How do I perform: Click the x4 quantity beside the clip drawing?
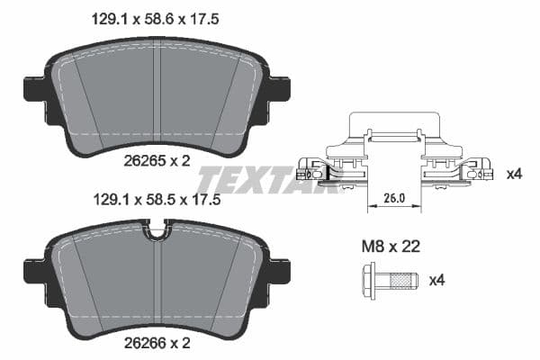pyautogui.click(x=514, y=173)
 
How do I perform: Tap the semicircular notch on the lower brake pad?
pyautogui.click(x=158, y=232)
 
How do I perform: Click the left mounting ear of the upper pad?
pyautogui.click(x=32, y=89)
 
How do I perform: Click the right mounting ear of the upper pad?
pyautogui.click(x=280, y=89)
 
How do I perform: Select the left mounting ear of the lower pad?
pyautogui.click(x=32, y=270)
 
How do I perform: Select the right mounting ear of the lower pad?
pyautogui.click(x=280, y=270)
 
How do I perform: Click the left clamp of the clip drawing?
pyautogui.click(x=315, y=168)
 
